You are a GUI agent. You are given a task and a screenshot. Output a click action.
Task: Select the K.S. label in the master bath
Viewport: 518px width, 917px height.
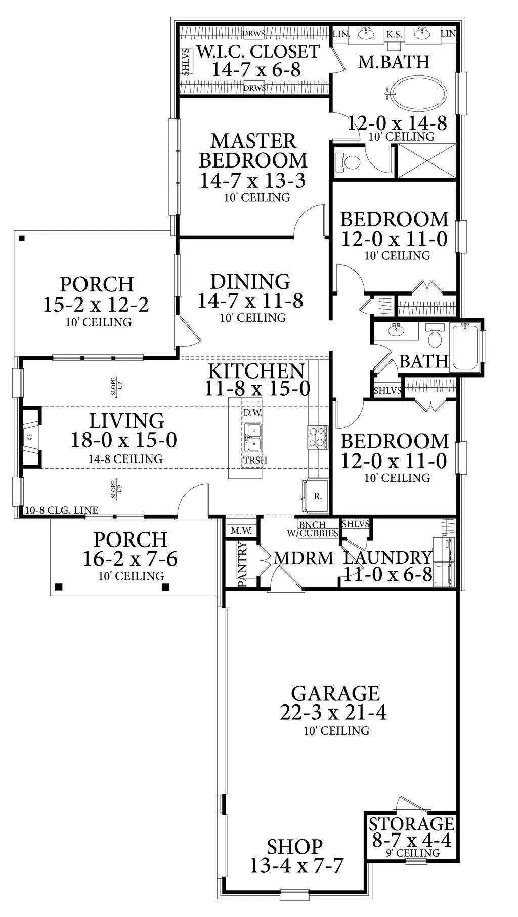pyautogui.click(x=394, y=34)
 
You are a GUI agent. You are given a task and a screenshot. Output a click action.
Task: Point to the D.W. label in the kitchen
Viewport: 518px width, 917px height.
pyautogui.click(x=252, y=413)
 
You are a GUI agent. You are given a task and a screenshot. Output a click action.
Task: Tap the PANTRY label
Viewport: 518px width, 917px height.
pyautogui.click(x=242, y=564)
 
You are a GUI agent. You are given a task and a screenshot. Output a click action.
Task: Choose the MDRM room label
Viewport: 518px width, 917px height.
pyautogui.click(x=303, y=558)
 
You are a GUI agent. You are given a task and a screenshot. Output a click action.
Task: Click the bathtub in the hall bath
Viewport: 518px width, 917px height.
pyautogui.click(x=465, y=347)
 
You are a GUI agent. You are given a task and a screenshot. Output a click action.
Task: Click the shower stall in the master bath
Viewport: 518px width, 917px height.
pyautogui.click(x=425, y=161)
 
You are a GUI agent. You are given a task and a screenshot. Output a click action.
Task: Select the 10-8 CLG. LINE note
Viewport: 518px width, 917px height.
pyautogui.click(x=62, y=510)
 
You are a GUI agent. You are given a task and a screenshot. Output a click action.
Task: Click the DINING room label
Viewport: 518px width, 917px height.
pyautogui.click(x=250, y=281)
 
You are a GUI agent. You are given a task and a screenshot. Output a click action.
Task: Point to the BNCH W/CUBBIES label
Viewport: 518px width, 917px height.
pyautogui.click(x=318, y=529)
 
